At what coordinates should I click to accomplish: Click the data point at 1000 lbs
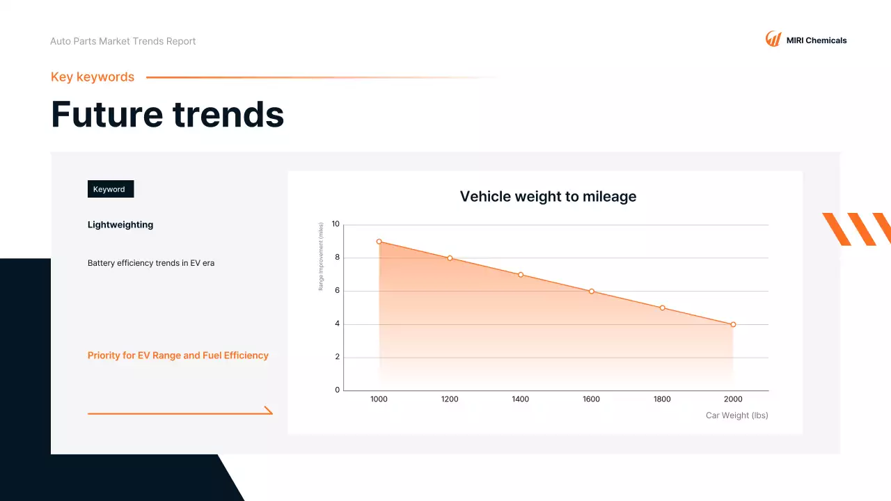(379, 241)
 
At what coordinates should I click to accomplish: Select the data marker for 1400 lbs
(520, 275)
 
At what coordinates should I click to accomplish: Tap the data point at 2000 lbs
(733, 324)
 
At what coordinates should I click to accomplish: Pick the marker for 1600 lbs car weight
(591, 292)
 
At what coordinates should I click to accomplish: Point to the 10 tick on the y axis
(336, 224)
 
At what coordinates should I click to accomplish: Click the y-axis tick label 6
(337, 291)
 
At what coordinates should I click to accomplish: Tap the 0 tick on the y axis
(337, 390)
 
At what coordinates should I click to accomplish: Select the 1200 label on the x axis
(450, 399)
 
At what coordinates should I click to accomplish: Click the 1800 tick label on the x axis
(662, 399)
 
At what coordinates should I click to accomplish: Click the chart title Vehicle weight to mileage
(548, 197)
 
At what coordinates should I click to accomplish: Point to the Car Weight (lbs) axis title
(736, 415)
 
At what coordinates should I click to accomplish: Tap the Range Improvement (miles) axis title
(321, 256)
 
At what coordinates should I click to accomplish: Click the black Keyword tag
(110, 189)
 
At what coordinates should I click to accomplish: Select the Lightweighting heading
(120, 225)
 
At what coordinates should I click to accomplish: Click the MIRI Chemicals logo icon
(773, 39)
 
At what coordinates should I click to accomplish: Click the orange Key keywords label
(93, 77)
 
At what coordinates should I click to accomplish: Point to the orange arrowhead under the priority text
(269, 411)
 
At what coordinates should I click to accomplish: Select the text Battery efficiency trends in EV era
(151, 264)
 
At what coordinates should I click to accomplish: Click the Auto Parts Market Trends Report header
(123, 42)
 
